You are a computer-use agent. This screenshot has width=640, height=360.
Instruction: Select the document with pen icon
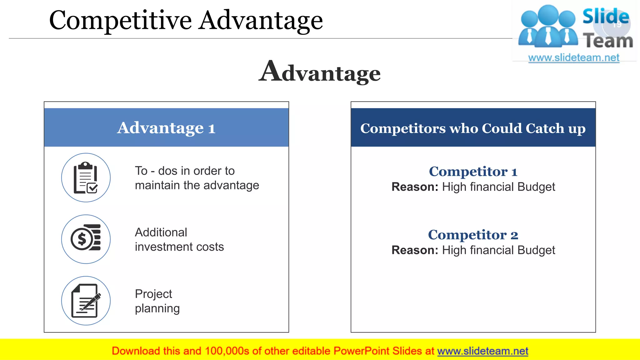pos(86,301)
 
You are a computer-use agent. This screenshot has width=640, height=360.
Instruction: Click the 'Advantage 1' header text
pos(166,128)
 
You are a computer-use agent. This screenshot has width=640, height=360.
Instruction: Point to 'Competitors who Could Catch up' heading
pos(473,128)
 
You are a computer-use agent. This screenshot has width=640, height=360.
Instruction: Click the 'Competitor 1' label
pos(473,172)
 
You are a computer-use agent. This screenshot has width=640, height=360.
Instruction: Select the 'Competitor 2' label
pos(473,235)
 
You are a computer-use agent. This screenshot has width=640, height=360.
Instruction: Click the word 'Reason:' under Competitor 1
pos(415,187)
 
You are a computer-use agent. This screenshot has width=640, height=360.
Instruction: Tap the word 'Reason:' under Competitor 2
pos(415,250)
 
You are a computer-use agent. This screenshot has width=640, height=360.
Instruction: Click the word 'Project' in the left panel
pos(153,294)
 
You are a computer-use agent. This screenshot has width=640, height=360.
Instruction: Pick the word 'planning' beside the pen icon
pos(157,308)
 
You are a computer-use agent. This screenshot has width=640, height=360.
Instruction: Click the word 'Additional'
pos(161,232)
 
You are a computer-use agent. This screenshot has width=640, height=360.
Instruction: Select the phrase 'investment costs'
pos(179,247)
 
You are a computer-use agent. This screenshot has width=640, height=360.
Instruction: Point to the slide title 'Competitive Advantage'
pos(186,20)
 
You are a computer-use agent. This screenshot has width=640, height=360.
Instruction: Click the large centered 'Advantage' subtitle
pos(320,72)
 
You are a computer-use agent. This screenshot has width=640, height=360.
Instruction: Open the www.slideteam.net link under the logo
pos(573,58)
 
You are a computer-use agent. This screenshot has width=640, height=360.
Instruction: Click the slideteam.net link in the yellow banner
pos(482,351)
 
